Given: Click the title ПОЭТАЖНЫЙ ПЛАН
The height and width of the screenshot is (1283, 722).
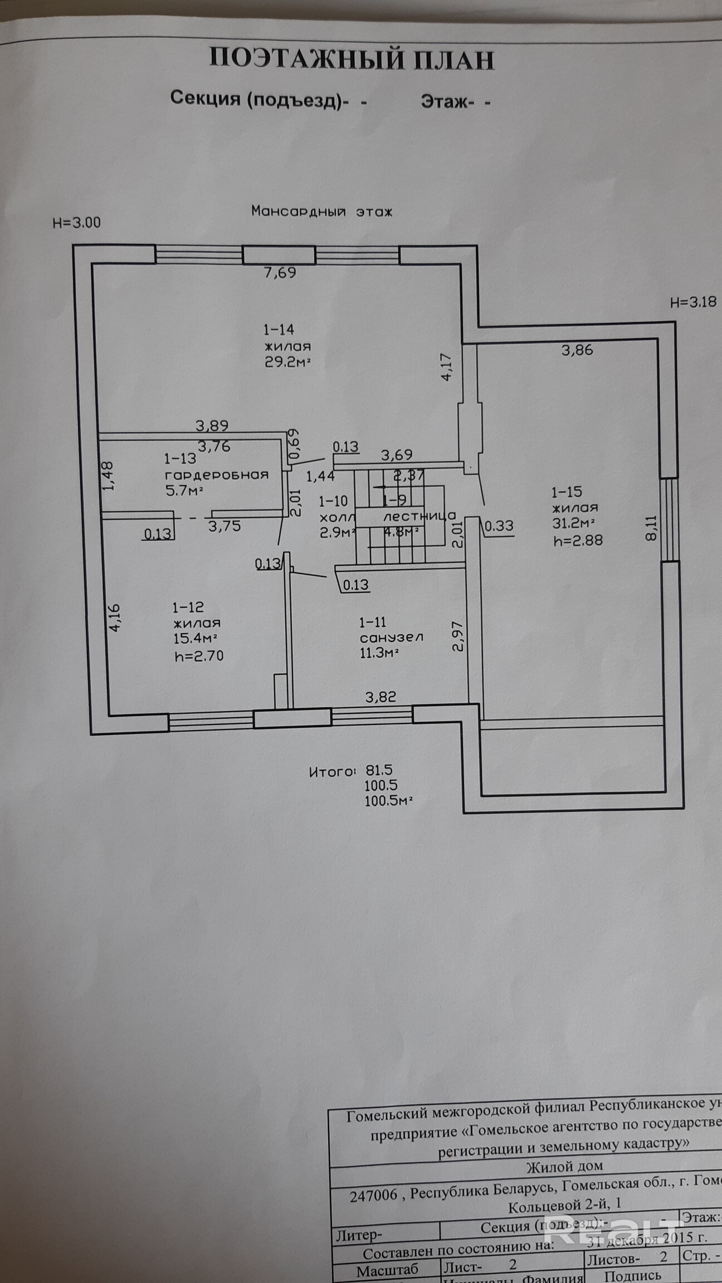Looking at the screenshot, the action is click(352, 59).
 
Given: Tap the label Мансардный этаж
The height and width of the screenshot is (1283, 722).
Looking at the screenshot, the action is click(321, 212).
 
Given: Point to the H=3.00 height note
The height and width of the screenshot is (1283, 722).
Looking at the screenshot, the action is click(76, 223).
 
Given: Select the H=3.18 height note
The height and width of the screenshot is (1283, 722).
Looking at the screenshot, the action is click(692, 303).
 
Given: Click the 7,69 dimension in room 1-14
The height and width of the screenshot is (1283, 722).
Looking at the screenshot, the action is click(280, 272).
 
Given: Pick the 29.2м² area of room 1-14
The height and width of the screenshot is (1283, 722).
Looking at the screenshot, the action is click(286, 362).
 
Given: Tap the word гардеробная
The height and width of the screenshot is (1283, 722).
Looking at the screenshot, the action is click(216, 475).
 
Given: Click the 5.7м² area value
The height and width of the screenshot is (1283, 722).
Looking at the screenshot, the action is click(183, 491).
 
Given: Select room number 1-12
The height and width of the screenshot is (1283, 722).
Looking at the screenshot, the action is click(188, 607).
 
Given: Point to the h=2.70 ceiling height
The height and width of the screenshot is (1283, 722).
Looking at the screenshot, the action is click(199, 656).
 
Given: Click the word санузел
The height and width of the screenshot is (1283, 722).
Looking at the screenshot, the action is click(391, 638).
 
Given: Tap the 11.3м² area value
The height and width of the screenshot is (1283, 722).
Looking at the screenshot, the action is click(379, 653).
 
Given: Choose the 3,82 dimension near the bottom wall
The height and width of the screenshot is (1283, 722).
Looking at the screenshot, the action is click(380, 697).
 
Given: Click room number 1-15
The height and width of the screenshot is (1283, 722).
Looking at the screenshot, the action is click(567, 492).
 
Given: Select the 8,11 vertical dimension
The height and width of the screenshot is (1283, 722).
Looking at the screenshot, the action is click(651, 528).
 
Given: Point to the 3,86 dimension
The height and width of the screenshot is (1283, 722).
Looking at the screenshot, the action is click(577, 350).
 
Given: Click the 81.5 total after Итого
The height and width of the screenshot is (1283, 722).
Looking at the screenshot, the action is click(379, 770).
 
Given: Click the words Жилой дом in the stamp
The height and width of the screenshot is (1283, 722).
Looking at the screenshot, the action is click(564, 1166).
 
